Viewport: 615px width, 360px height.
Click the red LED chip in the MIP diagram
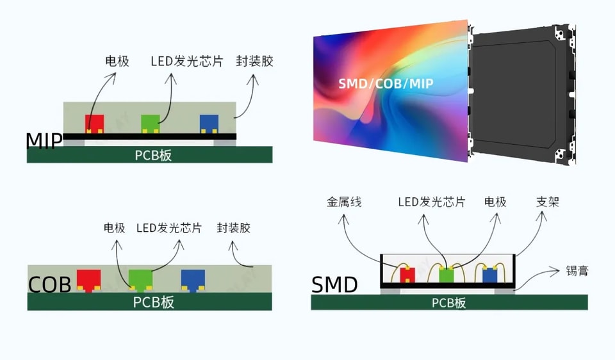(x=95, y=124)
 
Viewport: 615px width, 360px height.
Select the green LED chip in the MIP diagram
(x=151, y=124)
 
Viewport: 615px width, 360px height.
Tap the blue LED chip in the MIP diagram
(x=209, y=124)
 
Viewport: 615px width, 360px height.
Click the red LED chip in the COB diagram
(x=88, y=280)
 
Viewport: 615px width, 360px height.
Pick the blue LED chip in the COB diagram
(x=193, y=280)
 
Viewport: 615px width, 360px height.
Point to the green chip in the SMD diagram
(x=447, y=274)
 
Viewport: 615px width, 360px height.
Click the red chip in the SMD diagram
(x=407, y=274)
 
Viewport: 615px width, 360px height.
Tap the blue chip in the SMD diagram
(x=490, y=274)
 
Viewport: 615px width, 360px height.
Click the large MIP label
(x=44, y=141)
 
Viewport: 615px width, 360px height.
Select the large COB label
(x=50, y=284)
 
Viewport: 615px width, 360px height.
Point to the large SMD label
(x=334, y=284)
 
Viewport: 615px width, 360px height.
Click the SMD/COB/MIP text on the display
(x=386, y=83)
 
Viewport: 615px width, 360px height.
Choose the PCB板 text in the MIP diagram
(x=153, y=155)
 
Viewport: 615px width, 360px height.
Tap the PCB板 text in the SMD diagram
(x=448, y=303)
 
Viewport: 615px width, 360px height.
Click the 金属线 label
(x=344, y=202)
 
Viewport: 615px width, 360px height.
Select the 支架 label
(x=547, y=202)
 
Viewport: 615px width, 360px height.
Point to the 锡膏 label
(x=577, y=270)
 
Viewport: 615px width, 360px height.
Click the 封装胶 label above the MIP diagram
(x=254, y=61)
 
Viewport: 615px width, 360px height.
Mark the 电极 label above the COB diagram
(x=114, y=228)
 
